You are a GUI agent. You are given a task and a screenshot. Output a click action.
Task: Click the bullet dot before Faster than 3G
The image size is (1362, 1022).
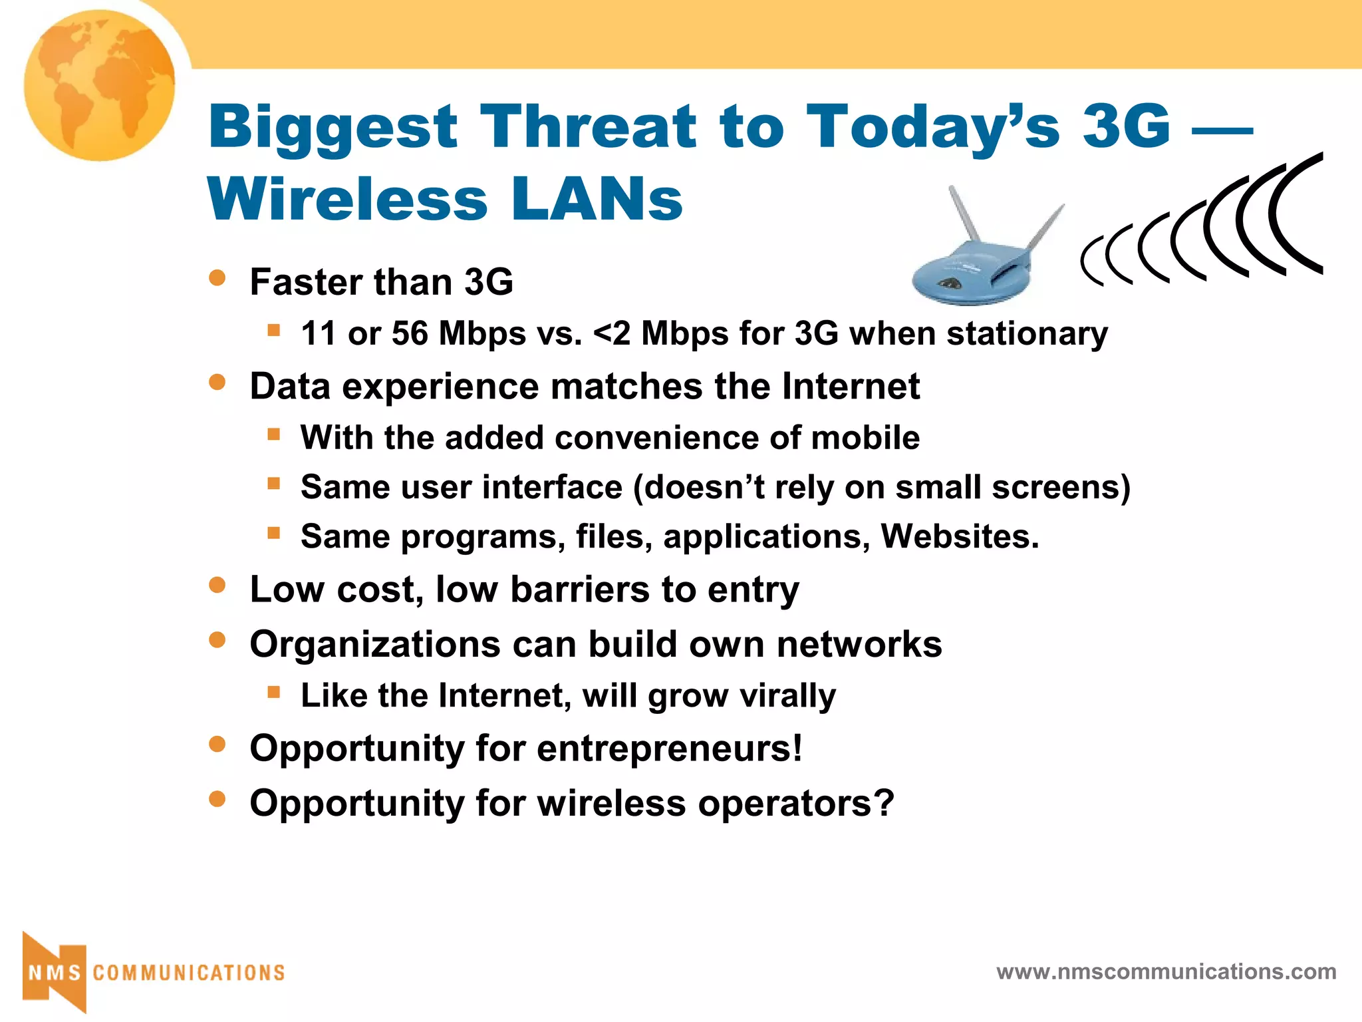217,277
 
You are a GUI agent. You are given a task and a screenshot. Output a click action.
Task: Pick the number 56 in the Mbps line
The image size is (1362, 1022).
410,333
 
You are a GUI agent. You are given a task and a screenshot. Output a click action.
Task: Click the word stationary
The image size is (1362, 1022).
1027,333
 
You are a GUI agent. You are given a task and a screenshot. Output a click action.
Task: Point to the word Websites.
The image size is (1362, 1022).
959,536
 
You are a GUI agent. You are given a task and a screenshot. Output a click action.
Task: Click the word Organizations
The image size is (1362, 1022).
374,644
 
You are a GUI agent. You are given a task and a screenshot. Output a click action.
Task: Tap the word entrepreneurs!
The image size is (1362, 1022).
669,749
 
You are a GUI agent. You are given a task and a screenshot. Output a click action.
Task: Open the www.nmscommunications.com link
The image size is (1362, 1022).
1166,972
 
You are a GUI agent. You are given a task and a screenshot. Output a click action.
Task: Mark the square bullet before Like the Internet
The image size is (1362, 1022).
273,692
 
